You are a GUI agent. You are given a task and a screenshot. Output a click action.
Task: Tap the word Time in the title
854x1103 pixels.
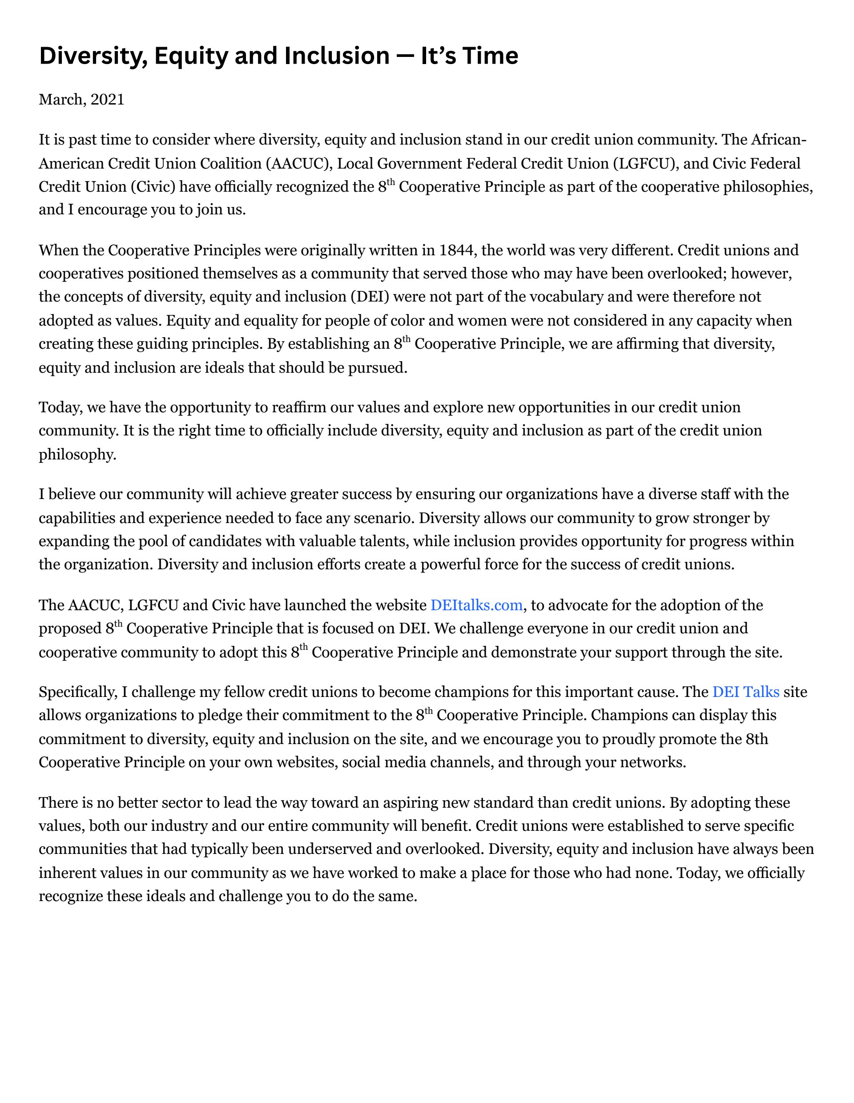coord(491,56)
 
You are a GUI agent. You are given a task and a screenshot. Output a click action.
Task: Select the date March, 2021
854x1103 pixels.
coord(81,100)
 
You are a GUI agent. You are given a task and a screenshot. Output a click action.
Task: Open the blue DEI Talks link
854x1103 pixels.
coord(745,692)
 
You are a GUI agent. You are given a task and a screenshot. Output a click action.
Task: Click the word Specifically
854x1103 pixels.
coord(78,692)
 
